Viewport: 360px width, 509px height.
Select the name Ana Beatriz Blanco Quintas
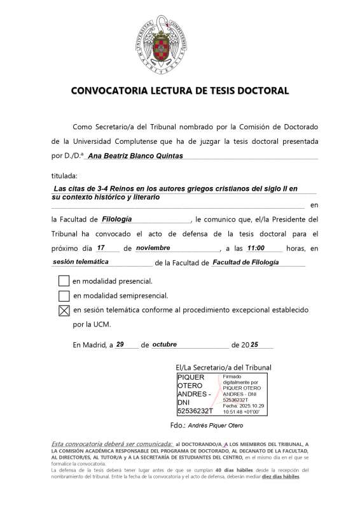coord(135,155)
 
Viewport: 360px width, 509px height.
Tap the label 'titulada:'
coord(64,175)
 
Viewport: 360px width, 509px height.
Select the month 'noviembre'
coord(158,248)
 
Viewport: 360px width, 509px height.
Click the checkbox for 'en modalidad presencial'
coord(64,281)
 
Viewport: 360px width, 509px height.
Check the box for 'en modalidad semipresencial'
coord(64,295)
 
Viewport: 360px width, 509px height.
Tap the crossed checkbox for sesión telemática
coord(64,310)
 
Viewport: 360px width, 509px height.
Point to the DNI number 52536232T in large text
coord(195,411)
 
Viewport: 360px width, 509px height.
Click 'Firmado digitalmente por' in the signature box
coord(240,380)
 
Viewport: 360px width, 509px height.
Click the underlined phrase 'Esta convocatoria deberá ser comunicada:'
coord(111,443)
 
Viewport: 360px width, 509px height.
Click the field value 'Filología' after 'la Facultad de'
coord(117,220)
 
